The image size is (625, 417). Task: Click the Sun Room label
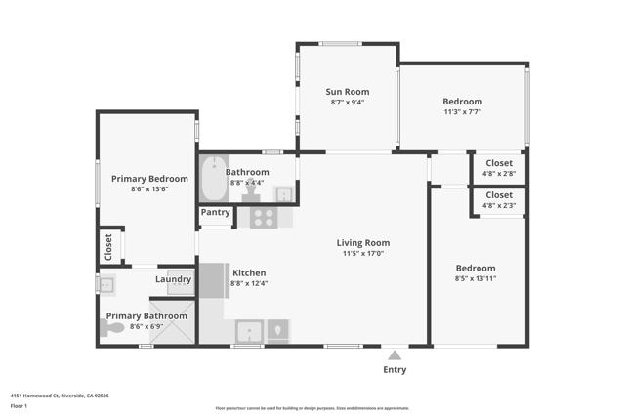coord(348,91)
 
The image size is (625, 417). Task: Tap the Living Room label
coord(363,243)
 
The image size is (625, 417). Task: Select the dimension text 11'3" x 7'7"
coord(462,112)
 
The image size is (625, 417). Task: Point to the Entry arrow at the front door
coord(395,355)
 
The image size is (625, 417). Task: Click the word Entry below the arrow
coord(395,370)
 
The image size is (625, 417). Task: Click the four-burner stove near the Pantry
coord(264,217)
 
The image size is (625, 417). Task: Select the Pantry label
coord(215,212)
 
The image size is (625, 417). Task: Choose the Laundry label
coord(173,280)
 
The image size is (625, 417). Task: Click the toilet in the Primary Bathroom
coord(114,329)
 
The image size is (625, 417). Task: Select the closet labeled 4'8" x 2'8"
coord(499,167)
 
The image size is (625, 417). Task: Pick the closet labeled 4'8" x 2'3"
coord(499,200)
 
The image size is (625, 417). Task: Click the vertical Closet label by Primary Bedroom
coord(109,245)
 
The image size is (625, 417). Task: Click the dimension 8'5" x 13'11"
coord(476,279)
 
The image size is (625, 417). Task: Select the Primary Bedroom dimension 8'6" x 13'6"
coord(148,189)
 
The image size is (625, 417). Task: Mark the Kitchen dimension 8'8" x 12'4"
coord(248,283)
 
